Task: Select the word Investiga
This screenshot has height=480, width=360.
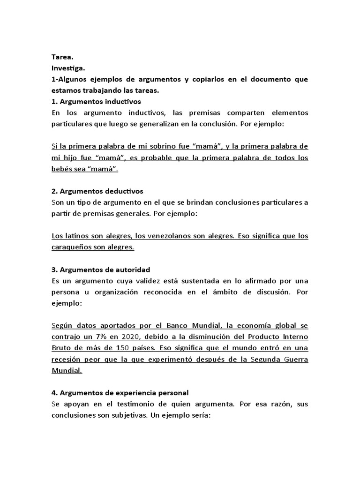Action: (x=68, y=68)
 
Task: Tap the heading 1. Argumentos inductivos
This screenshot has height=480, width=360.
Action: (x=96, y=101)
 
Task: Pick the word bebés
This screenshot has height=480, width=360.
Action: (x=62, y=169)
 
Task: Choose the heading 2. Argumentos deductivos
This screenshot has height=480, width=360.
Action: (x=97, y=191)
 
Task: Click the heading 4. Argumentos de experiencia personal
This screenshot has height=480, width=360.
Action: (x=120, y=393)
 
